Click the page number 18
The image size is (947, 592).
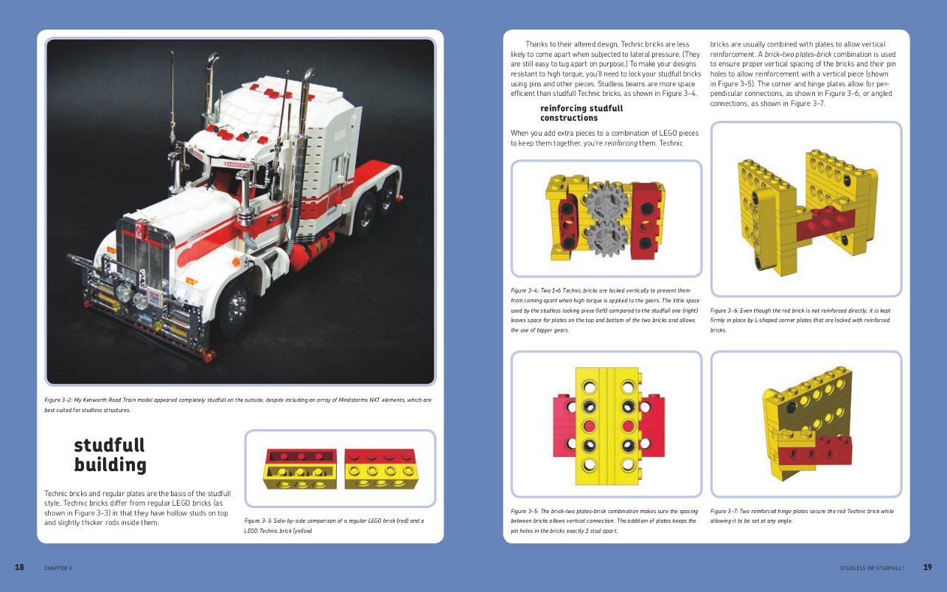coord(19,567)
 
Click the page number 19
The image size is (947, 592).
coord(927,567)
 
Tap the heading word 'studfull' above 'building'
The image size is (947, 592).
coord(110,445)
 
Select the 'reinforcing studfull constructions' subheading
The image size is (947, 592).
coord(581,113)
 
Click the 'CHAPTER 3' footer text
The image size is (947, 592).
coord(58,568)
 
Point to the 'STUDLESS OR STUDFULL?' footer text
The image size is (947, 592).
coord(872,568)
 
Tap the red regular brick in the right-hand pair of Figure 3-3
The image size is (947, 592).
coord(380,456)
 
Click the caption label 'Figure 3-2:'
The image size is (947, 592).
coord(58,400)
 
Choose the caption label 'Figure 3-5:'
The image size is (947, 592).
coord(525,511)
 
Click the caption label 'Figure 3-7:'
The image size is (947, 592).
coord(724,511)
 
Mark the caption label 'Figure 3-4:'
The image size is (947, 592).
coord(525,290)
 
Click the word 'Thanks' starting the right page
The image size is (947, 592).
coord(537,44)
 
